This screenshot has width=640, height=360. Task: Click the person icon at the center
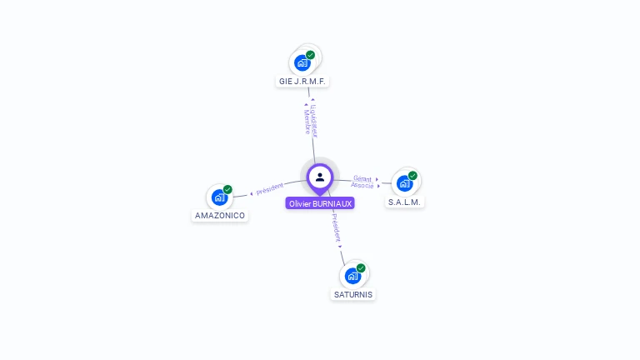tap(320, 177)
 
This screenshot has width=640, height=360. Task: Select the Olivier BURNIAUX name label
tap(320, 203)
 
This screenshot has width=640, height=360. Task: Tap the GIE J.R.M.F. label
tap(302, 82)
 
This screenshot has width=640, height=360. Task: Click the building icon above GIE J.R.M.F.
tap(302, 62)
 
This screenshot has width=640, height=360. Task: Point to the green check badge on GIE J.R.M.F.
tap(311, 55)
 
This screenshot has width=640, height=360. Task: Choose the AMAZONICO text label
tap(220, 215)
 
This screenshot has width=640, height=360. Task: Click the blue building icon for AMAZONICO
tap(219, 197)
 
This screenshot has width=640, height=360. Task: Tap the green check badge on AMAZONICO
tap(227, 190)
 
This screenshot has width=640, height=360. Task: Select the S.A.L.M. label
tap(406, 202)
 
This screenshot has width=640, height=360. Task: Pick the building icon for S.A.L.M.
tap(404, 183)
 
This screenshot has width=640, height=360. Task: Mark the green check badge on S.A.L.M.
tap(412, 176)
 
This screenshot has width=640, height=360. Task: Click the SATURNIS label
tap(353, 294)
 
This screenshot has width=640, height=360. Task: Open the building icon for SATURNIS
tap(352, 275)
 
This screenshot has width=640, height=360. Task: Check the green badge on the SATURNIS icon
tap(361, 267)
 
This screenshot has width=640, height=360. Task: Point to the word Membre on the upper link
tap(306, 122)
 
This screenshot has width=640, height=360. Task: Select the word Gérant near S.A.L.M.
tap(362, 178)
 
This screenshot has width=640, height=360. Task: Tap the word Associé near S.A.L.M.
tap(362, 185)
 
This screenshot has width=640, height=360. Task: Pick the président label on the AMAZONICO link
tap(270, 189)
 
